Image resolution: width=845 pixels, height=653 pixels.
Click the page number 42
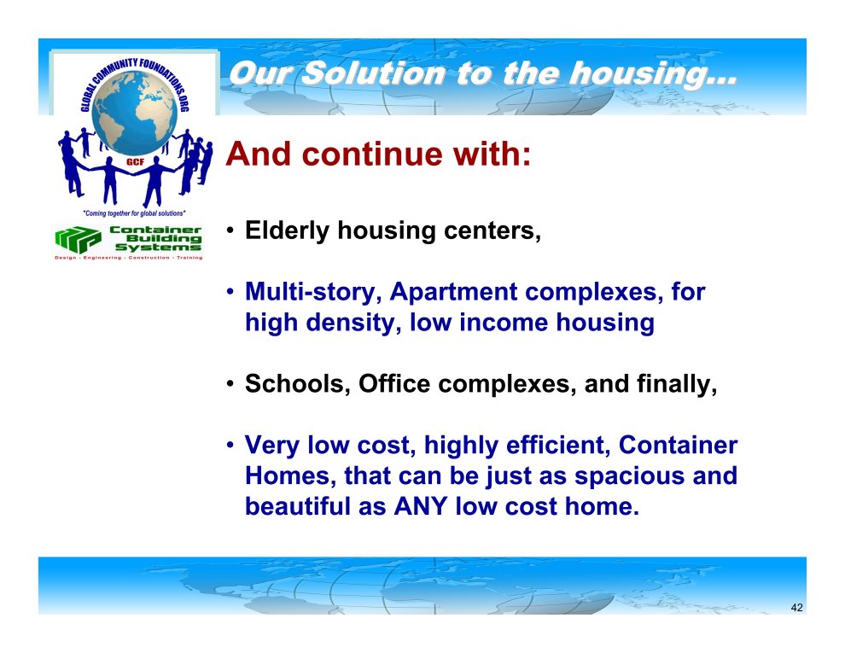pyautogui.click(x=796, y=608)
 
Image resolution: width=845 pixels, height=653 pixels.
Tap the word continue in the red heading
pyautogui.click(x=374, y=155)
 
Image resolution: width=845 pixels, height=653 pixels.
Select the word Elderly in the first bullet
pyautogui.click(x=287, y=230)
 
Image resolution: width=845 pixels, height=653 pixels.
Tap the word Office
pyautogui.click(x=394, y=383)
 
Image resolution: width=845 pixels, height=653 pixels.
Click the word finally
pyautogui.click(x=676, y=384)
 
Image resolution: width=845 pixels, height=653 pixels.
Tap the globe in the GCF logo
pyautogui.click(x=134, y=114)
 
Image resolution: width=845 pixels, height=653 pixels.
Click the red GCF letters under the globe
pyautogui.click(x=135, y=162)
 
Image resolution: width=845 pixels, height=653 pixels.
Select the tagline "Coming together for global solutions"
pyautogui.click(x=134, y=213)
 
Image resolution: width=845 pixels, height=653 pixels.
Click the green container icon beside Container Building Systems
pyautogui.click(x=79, y=240)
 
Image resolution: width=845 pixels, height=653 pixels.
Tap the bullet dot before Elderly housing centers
pyautogui.click(x=230, y=231)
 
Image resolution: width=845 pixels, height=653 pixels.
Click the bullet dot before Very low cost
pyautogui.click(x=230, y=446)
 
